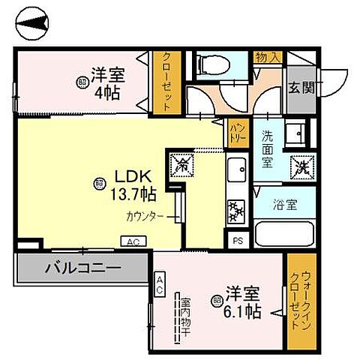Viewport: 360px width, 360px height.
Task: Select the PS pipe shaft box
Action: [238, 241]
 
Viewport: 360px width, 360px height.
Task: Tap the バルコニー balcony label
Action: [82, 267]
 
